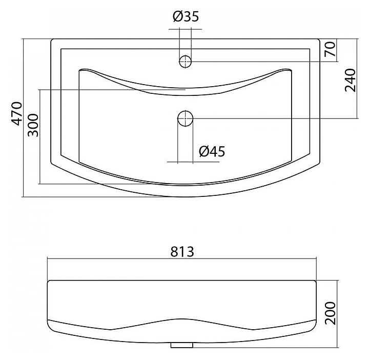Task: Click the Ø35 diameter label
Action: [186, 16]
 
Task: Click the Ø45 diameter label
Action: [212, 151]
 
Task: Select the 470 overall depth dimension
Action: [16, 114]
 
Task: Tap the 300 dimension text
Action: [33, 125]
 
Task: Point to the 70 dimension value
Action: [330, 49]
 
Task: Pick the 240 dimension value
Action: [350, 81]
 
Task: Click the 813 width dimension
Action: [182, 251]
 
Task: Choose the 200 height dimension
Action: [330, 313]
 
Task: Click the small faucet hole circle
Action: [185, 62]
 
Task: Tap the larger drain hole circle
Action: [185, 118]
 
